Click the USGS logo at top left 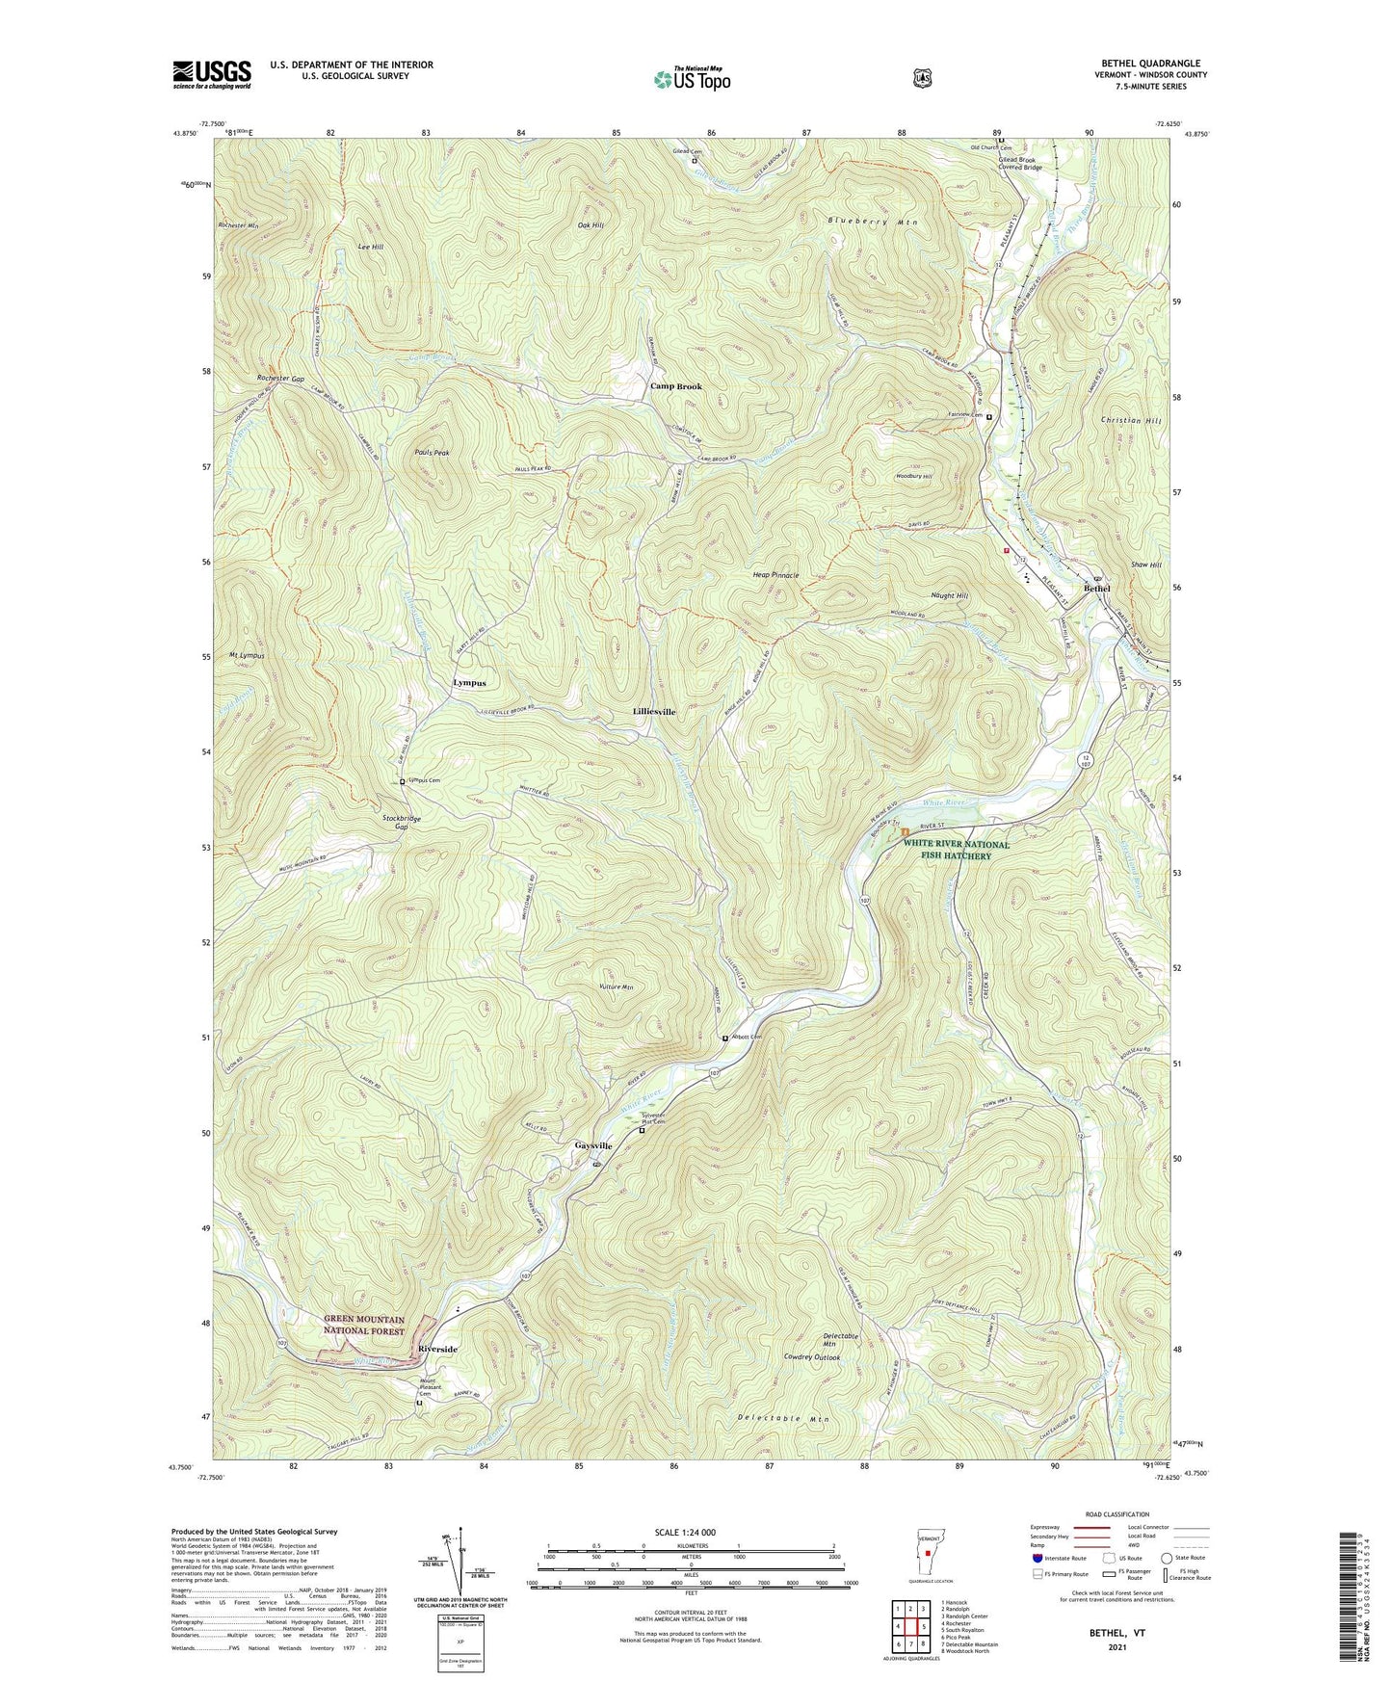click(211, 74)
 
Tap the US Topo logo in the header click(691, 79)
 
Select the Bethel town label click(1096, 589)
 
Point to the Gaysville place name click(593, 1145)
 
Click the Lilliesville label click(654, 711)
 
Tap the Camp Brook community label click(675, 386)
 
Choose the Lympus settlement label click(469, 682)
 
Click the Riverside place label click(438, 1349)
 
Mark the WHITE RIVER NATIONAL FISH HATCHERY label click(956, 850)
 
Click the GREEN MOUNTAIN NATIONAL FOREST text click(363, 1325)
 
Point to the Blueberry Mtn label click(873, 222)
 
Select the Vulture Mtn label click(615, 987)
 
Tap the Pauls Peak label click(432, 452)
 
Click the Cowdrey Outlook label click(812, 1357)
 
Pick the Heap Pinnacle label click(775, 575)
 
